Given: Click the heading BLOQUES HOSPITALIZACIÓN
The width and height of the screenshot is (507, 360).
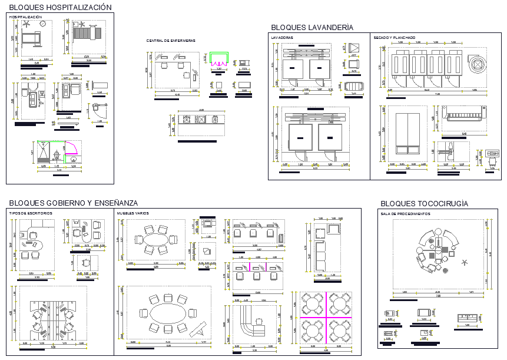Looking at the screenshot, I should (60, 8).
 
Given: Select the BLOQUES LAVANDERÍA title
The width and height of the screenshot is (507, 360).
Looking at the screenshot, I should (312, 27).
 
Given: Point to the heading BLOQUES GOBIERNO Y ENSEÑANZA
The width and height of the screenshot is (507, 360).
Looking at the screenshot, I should (73, 203).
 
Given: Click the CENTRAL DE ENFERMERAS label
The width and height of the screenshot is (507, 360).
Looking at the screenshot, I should (171, 41).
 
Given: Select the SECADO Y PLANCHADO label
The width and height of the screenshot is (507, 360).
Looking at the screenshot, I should (394, 38).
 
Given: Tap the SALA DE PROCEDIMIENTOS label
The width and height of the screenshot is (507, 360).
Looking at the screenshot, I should (405, 214).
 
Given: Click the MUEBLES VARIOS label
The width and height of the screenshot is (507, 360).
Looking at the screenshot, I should (132, 213).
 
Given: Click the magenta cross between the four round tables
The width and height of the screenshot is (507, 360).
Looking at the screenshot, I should (325, 318).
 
